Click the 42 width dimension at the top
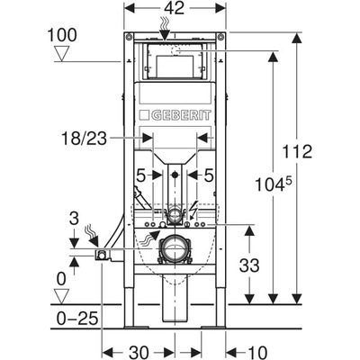click(x=174, y=8)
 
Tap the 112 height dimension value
click(x=298, y=151)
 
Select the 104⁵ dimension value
click(x=274, y=184)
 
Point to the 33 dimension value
click(x=249, y=265)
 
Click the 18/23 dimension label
click(x=84, y=139)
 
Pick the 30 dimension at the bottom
click(x=139, y=351)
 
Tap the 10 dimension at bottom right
click(x=256, y=351)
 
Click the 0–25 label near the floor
click(x=77, y=319)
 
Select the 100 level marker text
click(x=62, y=35)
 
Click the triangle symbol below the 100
click(x=62, y=54)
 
